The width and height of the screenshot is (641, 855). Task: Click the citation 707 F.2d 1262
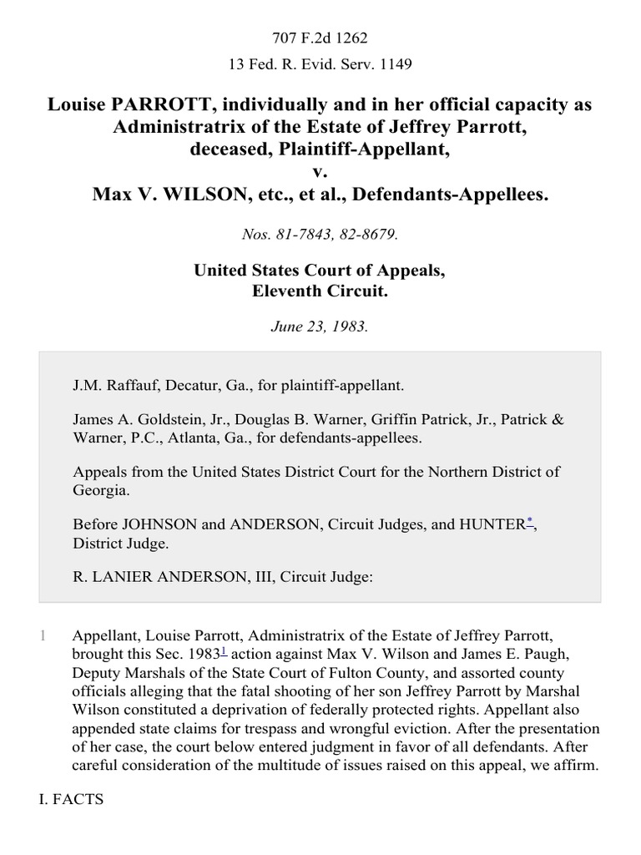[x=320, y=38]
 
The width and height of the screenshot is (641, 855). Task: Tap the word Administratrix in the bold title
[x=169, y=128]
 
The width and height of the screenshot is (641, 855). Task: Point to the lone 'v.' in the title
[x=320, y=173]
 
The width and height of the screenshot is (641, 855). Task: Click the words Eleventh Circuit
[x=320, y=292]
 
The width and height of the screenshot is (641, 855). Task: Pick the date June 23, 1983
[x=320, y=326]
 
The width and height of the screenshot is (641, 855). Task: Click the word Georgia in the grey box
[x=100, y=491]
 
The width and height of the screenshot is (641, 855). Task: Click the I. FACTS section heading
[x=72, y=800]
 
